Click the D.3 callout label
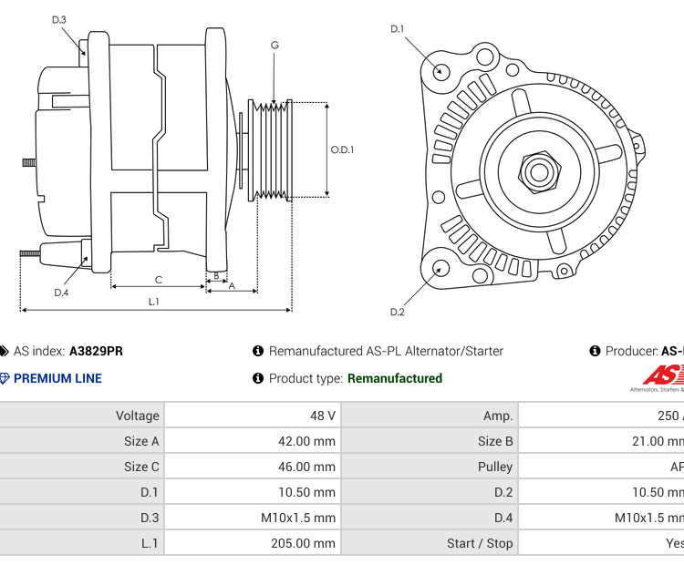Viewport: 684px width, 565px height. (x=59, y=19)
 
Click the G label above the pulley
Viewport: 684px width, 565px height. (x=275, y=45)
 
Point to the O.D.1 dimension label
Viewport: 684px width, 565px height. (x=342, y=150)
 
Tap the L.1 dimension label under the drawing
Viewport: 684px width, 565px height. (x=154, y=301)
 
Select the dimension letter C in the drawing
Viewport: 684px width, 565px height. (x=158, y=280)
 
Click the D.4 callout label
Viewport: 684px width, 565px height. (x=61, y=293)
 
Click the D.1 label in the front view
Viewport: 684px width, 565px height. (x=398, y=29)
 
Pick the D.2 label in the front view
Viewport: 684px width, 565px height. (x=398, y=313)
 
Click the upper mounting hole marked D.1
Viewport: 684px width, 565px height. (x=441, y=71)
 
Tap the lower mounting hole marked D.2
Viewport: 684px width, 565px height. (x=440, y=268)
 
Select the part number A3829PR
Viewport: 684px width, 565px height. (x=96, y=351)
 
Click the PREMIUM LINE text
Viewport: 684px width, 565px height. (x=57, y=378)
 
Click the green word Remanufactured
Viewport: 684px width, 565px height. (x=394, y=378)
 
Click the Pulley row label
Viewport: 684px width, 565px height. (x=495, y=467)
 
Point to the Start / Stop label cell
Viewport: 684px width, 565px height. (x=480, y=543)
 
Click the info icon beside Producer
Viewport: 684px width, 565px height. (x=596, y=351)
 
